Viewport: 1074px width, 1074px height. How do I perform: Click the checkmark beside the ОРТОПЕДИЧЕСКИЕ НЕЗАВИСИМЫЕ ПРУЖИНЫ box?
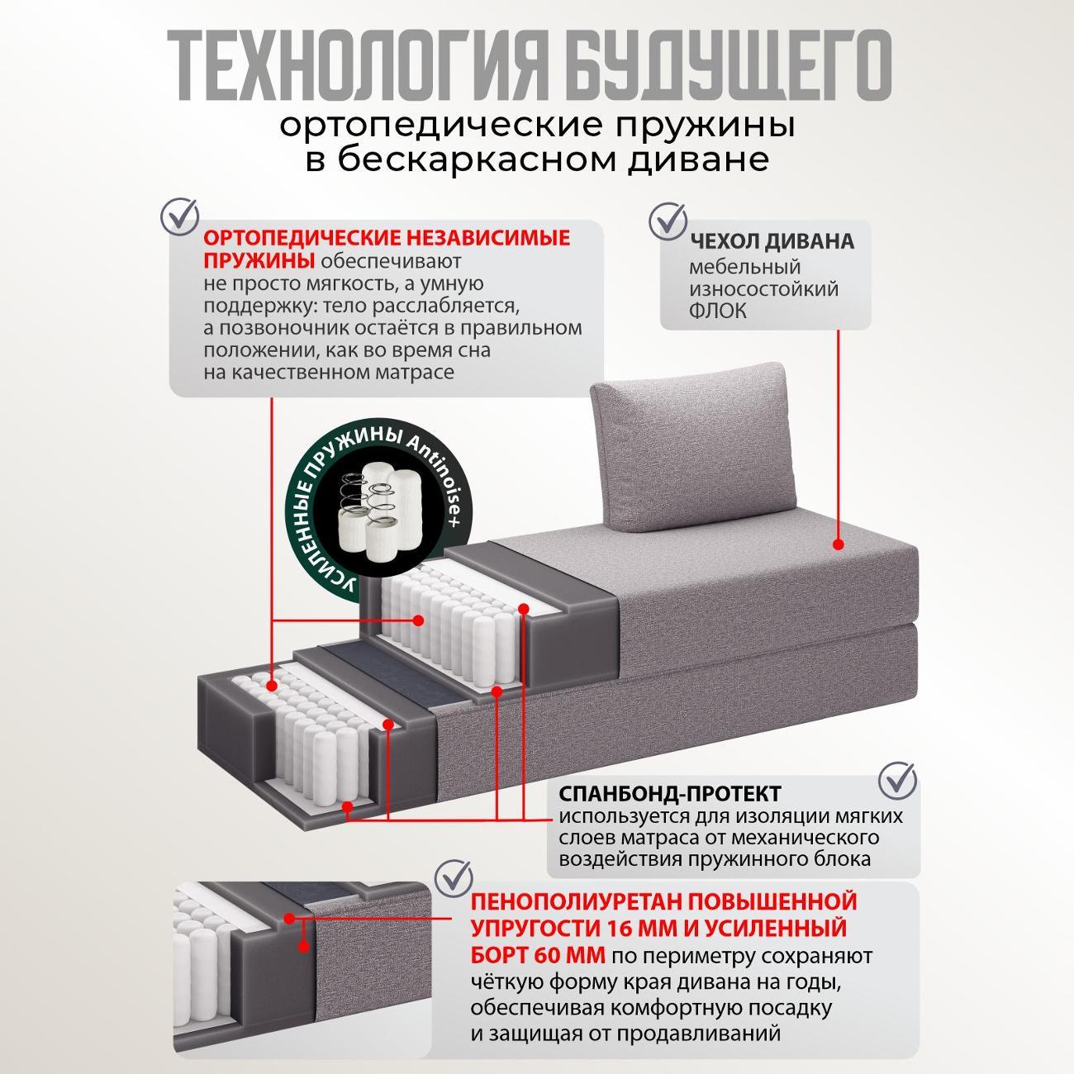(181, 215)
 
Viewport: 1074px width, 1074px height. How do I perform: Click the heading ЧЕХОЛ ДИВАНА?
(772, 242)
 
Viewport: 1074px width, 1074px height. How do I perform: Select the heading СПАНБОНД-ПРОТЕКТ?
(670, 794)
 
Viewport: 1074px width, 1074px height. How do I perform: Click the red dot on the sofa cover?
(838, 545)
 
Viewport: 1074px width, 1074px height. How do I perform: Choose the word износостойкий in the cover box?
(763, 289)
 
